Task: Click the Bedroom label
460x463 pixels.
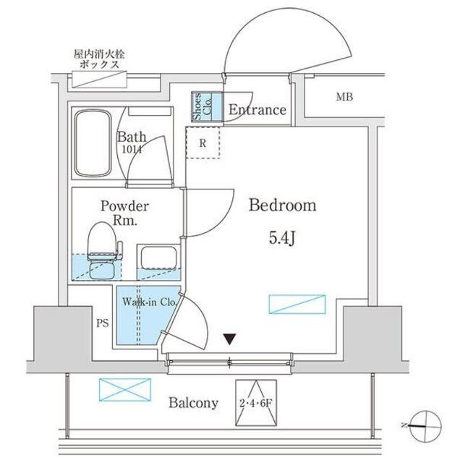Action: click(283, 205)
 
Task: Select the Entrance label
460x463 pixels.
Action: click(257, 110)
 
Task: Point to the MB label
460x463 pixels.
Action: click(344, 97)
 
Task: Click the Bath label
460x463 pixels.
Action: click(133, 137)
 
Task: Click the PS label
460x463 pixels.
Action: click(102, 323)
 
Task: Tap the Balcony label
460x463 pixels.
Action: click(193, 403)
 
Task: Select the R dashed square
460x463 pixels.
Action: click(203, 142)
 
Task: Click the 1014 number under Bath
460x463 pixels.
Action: click(132, 150)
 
